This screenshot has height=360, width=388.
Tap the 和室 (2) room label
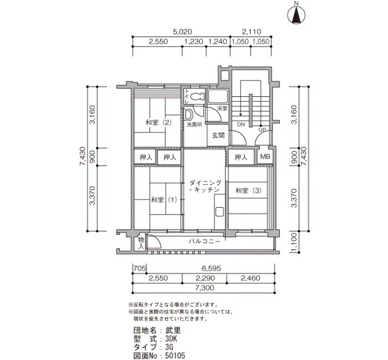coord(159,122)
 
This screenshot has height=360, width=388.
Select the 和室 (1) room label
coord(164,199)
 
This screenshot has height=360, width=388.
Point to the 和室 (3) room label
coord(248,191)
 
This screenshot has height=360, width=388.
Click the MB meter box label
coord(265,157)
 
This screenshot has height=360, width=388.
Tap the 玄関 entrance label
coord(218,135)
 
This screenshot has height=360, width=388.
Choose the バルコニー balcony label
coord(205,241)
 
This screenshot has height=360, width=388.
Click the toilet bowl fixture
coord(198,96)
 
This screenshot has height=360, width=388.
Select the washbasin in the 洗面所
coord(188,115)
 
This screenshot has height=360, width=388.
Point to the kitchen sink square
coord(219,212)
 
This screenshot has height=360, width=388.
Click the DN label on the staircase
coord(241,125)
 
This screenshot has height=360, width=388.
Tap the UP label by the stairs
coord(262,130)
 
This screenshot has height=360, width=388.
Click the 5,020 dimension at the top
coord(182,32)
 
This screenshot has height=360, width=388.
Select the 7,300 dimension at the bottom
coord(205,288)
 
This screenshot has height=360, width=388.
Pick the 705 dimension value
coord(140,268)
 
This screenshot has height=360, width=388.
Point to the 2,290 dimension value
coord(205,278)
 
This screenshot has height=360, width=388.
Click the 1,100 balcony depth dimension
coord(294,243)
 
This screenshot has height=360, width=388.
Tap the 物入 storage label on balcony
coord(141,243)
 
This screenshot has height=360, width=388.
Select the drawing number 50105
coord(176,356)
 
